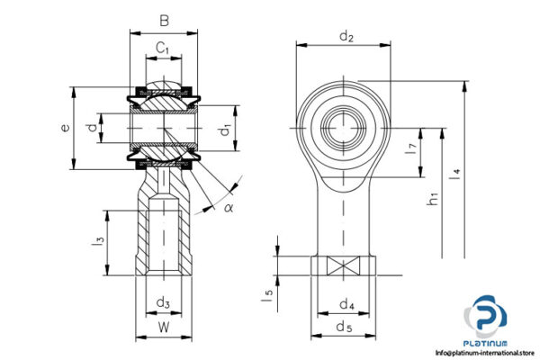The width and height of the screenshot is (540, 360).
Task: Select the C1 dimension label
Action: [x=163, y=47]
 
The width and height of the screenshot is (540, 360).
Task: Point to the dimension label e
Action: [x=64, y=128]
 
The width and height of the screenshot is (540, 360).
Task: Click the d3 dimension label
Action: [x=163, y=301]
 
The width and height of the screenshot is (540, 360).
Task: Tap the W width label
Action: [x=163, y=328]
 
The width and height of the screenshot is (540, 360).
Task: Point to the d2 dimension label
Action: [x=346, y=36]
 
